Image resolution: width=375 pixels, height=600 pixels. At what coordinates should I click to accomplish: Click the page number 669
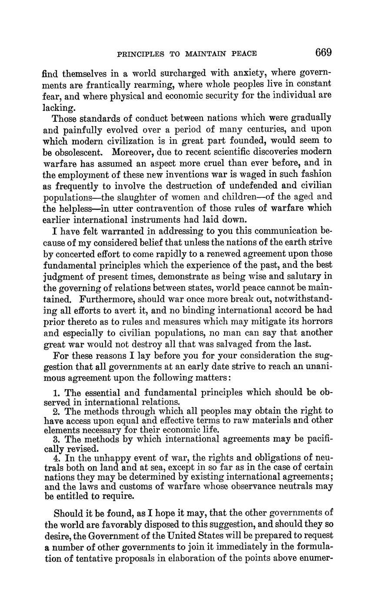coord(324,53)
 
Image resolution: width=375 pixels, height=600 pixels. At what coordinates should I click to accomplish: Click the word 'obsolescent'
coord(79,152)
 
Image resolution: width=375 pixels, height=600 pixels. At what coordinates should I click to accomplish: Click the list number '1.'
coord(56,393)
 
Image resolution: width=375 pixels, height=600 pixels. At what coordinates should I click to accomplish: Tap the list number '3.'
coord(56,439)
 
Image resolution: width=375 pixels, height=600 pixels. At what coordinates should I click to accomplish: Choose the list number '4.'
coord(56,457)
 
